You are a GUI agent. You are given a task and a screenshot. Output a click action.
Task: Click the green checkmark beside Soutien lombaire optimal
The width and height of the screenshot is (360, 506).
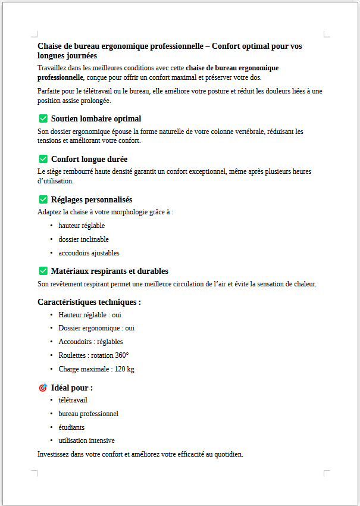point(43,118)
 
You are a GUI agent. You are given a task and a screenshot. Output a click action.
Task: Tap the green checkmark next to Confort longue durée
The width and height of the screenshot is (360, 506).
point(43,159)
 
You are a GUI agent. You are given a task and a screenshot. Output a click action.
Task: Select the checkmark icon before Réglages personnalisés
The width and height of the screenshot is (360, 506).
point(43,199)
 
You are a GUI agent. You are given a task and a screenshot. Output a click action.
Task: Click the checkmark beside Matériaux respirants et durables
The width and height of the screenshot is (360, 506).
point(43,271)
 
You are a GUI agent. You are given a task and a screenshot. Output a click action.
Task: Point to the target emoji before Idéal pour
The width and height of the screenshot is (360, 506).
point(43,388)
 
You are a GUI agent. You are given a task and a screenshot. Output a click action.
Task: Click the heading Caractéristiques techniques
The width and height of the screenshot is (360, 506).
point(89,302)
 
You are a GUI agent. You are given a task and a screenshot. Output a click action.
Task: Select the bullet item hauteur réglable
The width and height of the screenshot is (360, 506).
point(82,226)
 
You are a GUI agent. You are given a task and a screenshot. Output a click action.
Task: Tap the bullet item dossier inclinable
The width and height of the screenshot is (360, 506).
point(83,239)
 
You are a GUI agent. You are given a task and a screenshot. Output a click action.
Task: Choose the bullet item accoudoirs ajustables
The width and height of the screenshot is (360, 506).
point(89,253)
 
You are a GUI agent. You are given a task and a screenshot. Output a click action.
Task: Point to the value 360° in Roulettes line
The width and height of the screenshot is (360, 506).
point(122,355)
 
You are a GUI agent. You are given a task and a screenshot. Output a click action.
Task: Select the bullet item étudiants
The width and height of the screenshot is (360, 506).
point(71,427)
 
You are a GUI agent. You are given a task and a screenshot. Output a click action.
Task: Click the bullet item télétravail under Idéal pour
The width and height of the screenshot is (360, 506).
point(73,400)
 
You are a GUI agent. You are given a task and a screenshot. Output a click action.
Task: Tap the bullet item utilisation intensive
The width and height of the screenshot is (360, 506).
point(86,441)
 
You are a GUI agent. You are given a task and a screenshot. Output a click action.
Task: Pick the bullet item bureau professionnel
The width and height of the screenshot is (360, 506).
point(88,414)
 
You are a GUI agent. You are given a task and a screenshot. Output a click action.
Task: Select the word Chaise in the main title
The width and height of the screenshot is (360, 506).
point(50,46)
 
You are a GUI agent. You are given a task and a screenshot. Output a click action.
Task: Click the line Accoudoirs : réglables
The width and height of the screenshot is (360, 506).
point(90,342)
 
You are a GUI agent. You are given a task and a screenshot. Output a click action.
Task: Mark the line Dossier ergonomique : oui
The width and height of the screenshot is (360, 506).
point(96,328)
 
